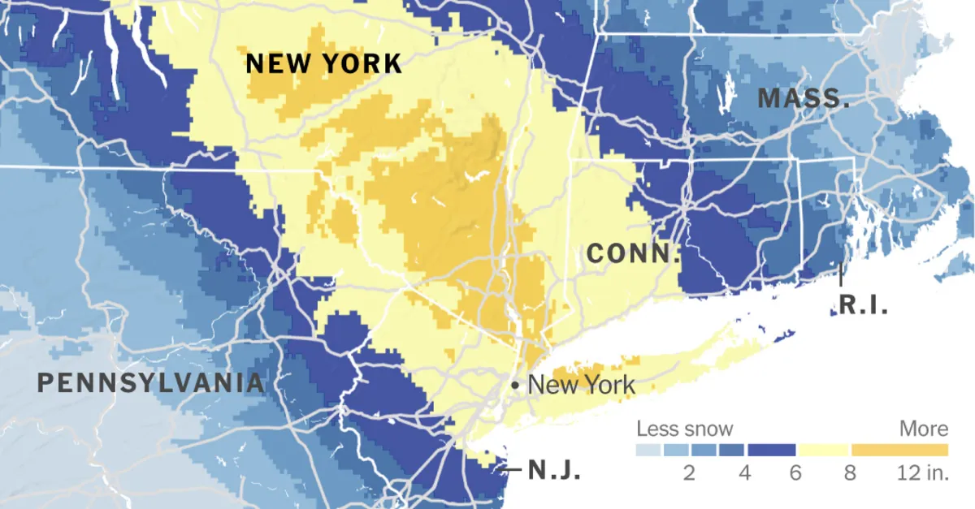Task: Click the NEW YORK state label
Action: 324,63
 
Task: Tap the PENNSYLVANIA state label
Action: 151,383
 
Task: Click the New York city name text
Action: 582,384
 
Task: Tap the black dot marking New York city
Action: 515,384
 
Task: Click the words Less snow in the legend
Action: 684,429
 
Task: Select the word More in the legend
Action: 924,429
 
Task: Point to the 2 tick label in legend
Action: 689,472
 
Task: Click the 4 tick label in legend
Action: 744,472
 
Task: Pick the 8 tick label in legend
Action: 850,472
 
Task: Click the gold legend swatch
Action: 899,450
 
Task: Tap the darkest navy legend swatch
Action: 772,450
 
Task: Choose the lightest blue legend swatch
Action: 648,450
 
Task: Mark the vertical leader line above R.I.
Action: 840,274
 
